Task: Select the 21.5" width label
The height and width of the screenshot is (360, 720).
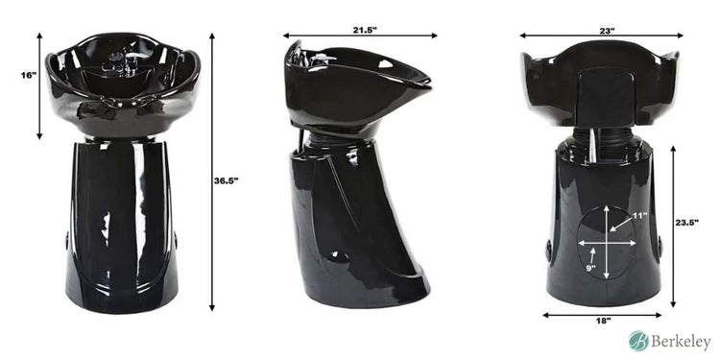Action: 364,31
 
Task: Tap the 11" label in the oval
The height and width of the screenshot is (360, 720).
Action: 639,216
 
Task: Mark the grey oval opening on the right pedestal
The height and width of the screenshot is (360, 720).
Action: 607,243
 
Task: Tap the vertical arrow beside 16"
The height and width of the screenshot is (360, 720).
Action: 39,84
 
